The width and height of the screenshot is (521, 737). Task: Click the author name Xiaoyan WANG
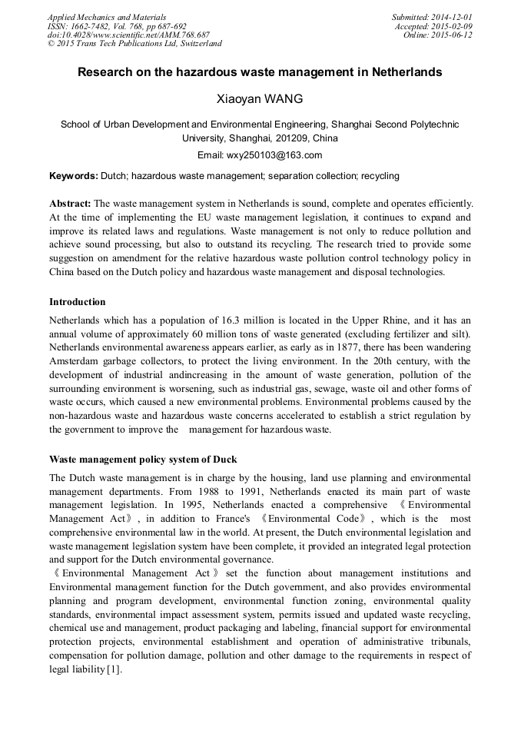coord(260,99)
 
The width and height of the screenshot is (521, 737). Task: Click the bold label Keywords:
coord(74,176)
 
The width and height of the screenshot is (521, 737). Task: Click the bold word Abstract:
coord(71,204)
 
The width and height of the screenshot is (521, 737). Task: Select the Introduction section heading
coord(78,302)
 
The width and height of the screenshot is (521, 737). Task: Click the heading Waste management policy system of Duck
coord(143,460)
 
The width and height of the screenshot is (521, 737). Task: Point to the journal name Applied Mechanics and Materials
coord(106,17)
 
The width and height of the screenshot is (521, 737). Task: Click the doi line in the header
coord(128,35)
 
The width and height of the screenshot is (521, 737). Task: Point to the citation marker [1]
coord(114,670)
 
